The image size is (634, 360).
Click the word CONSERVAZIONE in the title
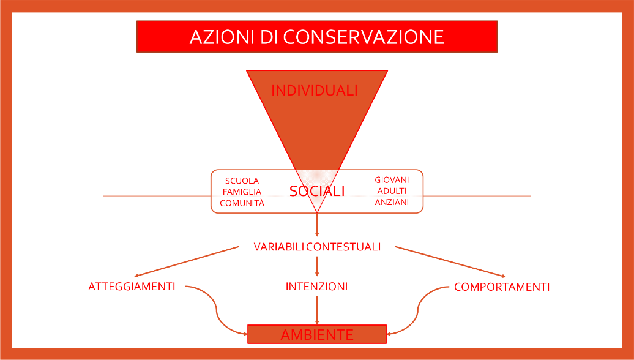(x=363, y=37)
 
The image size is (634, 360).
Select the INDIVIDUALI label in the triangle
(x=314, y=90)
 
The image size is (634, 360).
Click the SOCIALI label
(x=317, y=191)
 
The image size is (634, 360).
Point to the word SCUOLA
(x=242, y=181)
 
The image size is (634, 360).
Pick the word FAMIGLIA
(x=242, y=192)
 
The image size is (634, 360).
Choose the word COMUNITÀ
(x=242, y=203)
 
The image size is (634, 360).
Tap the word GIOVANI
(x=392, y=180)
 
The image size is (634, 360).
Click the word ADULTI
(x=392, y=191)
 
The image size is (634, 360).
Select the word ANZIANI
(x=392, y=202)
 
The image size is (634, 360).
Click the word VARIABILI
(x=278, y=247)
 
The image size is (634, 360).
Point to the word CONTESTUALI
(x=343, y=247)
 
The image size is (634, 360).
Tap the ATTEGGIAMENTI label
(x=132, y=287)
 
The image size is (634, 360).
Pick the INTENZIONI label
(x=316, y=287)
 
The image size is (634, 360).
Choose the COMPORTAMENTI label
(x=502, y=287)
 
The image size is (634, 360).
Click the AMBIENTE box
(x=317, y=334)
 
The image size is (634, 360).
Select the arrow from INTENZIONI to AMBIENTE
(x=317, y=310)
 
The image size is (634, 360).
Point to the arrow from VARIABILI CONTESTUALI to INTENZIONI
(x=317, y=266)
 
